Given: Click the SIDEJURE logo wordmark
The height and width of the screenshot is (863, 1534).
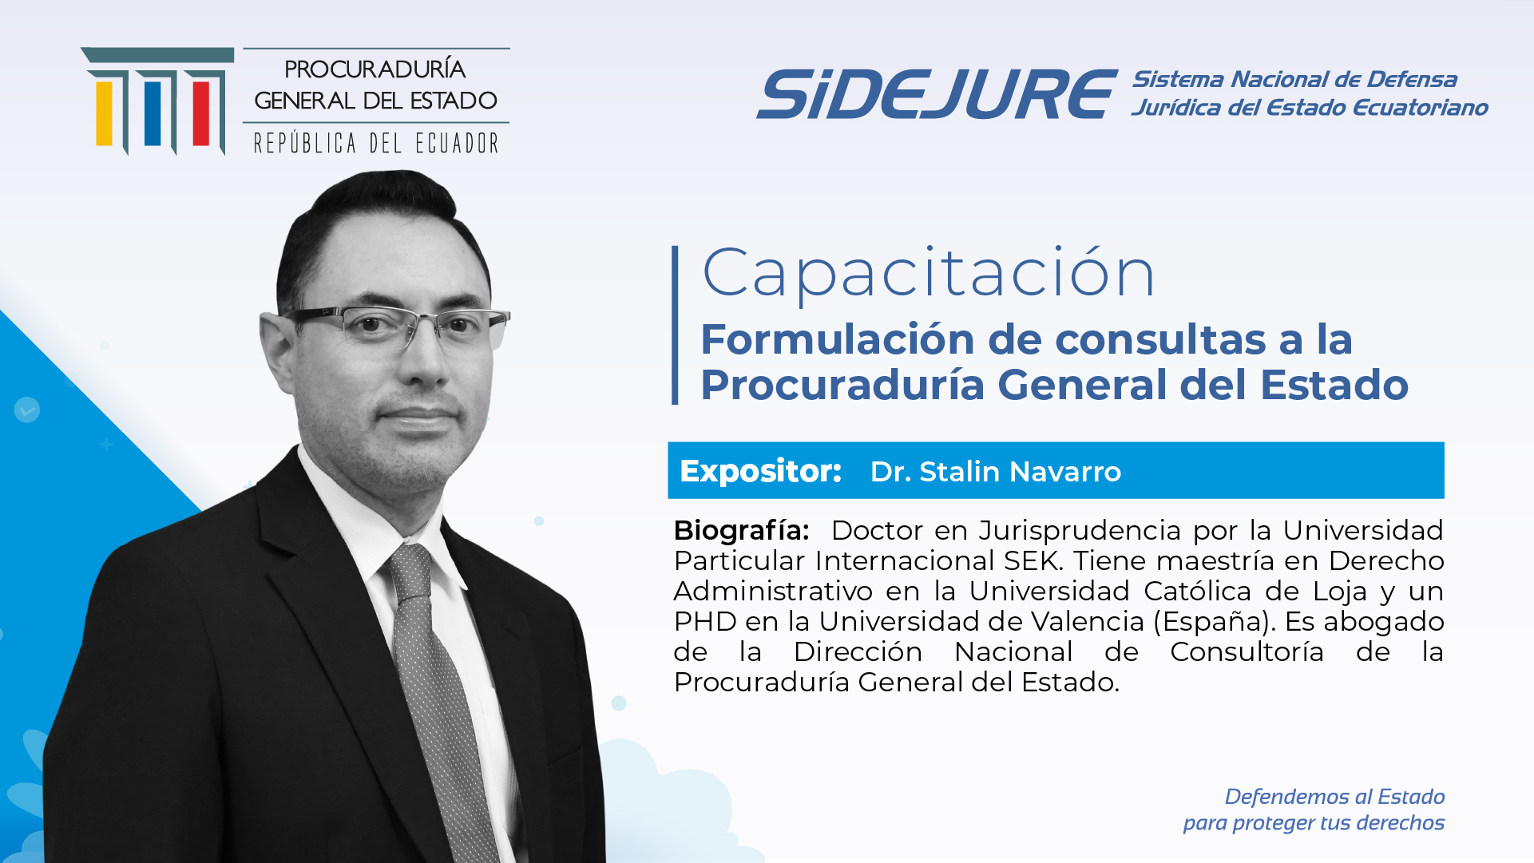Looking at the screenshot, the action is [x=937, y=94].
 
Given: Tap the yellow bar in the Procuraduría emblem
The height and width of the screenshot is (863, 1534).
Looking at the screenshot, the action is [x=104, y=113].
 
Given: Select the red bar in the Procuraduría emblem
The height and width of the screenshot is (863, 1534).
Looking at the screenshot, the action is [x=201, y=113].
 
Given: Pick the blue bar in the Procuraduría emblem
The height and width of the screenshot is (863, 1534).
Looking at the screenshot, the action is [x=153, y=113].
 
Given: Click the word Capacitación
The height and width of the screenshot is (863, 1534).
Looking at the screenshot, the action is [x=929, y=274].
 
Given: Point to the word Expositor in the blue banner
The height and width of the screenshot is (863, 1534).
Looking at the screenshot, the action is [x=760, y=471].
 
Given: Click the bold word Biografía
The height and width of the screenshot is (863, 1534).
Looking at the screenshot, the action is [x=741, y=531].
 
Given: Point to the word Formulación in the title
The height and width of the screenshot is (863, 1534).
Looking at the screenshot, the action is [x=838, y=339].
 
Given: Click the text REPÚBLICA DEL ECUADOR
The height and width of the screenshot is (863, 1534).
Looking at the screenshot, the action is [x=376, y=144].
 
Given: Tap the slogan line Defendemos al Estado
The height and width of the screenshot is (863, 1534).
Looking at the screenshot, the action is [x=1334, y=797].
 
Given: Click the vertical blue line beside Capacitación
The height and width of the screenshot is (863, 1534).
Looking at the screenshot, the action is [x=675, y=325].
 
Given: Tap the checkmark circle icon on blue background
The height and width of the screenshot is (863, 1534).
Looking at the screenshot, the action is [x=27, y=410].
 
